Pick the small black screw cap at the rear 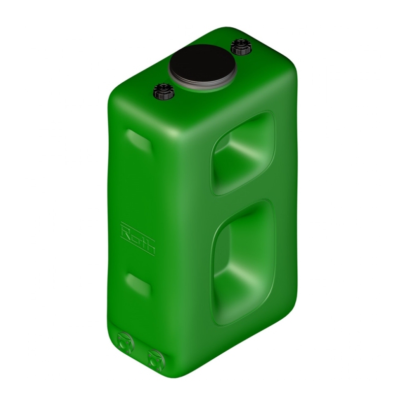point(241,47)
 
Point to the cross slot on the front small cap point(164,87)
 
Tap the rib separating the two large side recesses point(244,197)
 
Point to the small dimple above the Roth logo point(138,141)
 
